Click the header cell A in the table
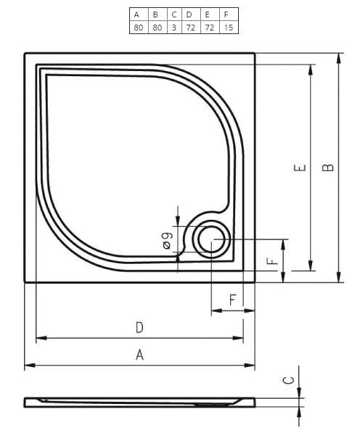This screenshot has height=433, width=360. coord(139,15)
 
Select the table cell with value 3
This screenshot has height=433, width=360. coord(174,28)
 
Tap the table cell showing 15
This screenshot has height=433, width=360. coord(229,28)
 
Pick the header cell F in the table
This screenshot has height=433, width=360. coord(229,15)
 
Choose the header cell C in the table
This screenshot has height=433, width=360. coord(174,15)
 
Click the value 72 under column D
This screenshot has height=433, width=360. coord(191,28)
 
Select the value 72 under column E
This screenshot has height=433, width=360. coord(210,28)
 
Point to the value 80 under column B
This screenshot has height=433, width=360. coord(157,28)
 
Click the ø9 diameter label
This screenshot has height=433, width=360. coord(168,241)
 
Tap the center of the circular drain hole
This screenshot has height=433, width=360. coord(211,239)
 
